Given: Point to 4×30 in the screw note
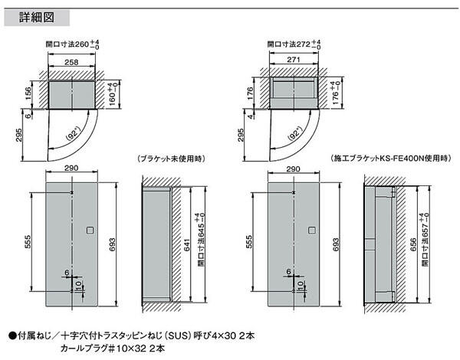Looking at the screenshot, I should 225,335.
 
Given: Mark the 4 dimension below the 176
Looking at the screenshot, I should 251,116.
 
